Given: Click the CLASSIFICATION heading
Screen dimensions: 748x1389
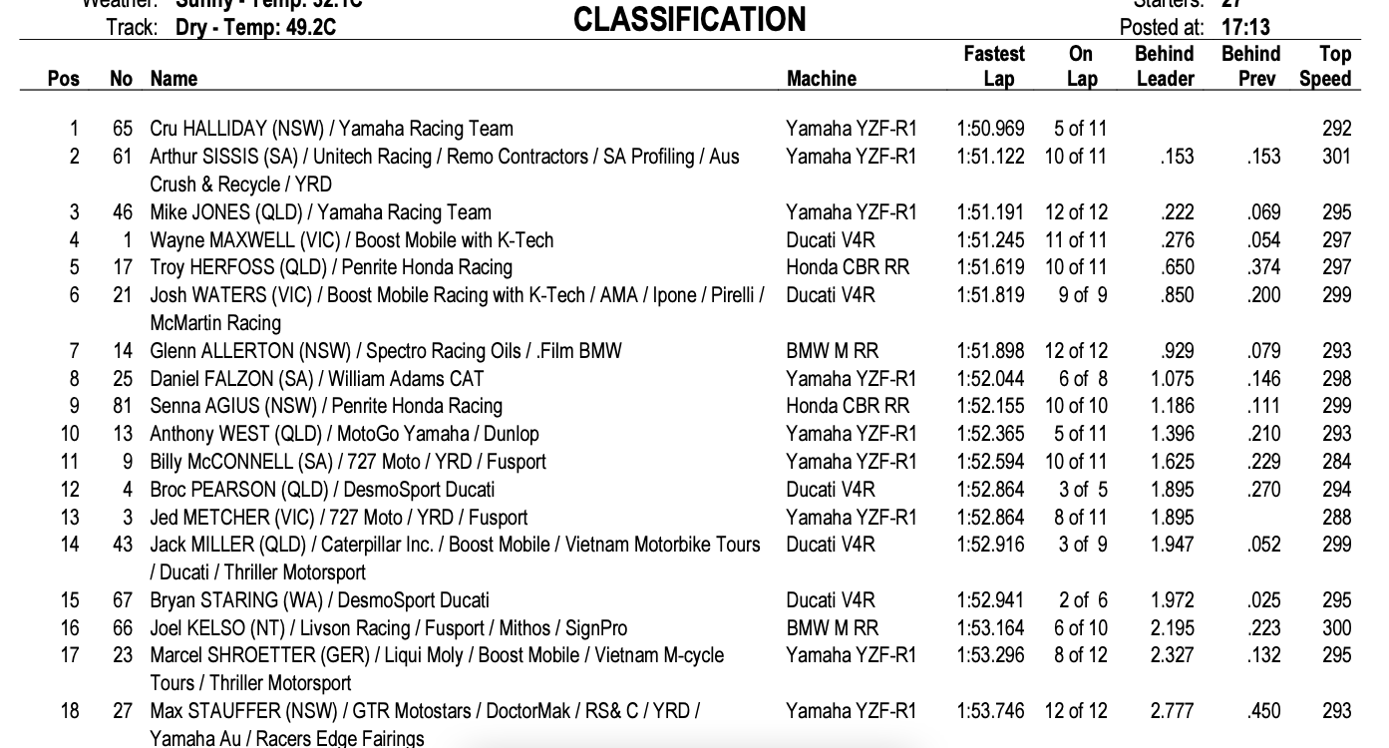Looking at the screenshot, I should (x=690, y=19).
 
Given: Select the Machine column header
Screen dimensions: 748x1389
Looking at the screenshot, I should (x=821, y=78).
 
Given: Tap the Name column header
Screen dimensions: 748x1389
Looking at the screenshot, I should (x=174, y=78).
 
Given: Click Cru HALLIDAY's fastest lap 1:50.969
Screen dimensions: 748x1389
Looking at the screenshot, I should (x=990, y=129).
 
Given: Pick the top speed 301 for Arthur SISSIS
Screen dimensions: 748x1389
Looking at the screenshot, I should (x=1336, y=157).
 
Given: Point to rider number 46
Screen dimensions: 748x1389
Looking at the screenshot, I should (x=122, y=212).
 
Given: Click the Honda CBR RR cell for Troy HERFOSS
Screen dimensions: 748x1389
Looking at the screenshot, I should (x=848, y=267).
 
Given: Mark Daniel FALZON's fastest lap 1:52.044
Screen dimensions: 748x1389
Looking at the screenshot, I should (x=990, y=379).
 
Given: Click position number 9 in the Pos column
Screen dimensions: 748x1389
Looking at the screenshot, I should (x=74, y=406).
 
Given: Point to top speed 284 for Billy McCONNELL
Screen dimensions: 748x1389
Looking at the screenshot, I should (x=1336, y=462).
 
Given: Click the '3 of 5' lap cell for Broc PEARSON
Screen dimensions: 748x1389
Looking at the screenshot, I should (x=1082, y=490).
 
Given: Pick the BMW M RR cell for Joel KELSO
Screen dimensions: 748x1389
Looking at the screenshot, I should (x=833, y=628).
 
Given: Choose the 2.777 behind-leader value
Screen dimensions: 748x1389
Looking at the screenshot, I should (x=1172, y=711).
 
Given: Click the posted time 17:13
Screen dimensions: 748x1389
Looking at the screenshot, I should (x=1246, y=27).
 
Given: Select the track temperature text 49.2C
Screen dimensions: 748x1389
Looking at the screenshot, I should (x=308, y=27).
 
